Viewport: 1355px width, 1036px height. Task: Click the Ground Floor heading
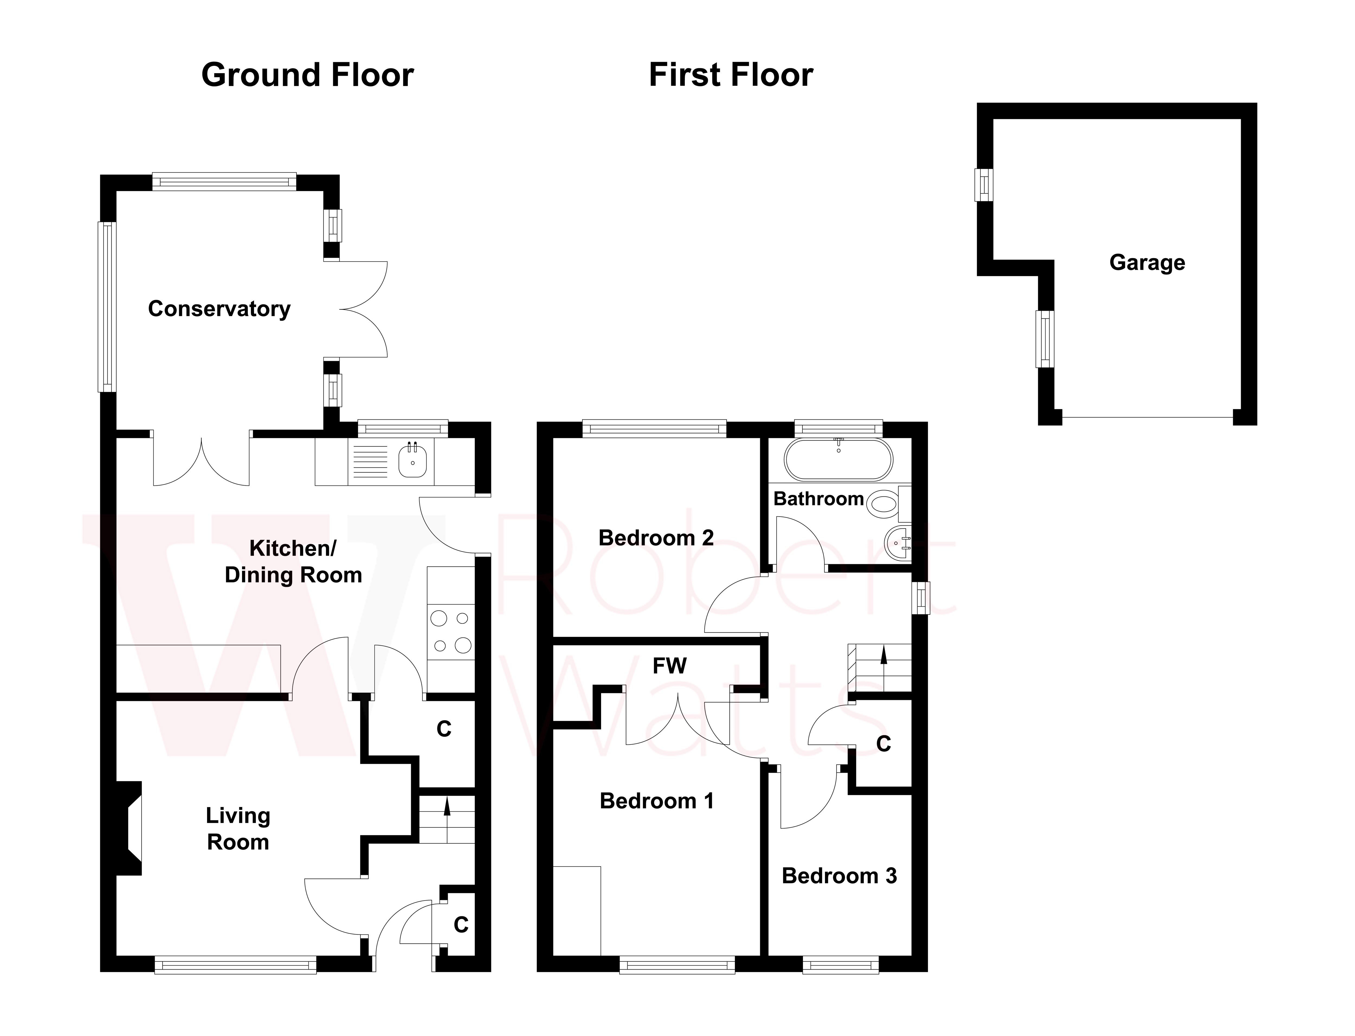pyautogui.click(x=307, y=75)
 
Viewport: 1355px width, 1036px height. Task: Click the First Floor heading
pyautogui.click(x=731, y=75)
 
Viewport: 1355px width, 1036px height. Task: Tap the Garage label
pyautogui.click(x=1147, y=263)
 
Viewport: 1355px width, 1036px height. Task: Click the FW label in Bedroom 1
pyautogui.click(x=669, y=666)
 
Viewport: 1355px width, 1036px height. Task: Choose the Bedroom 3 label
pyautogui.click(x=839, y=876)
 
